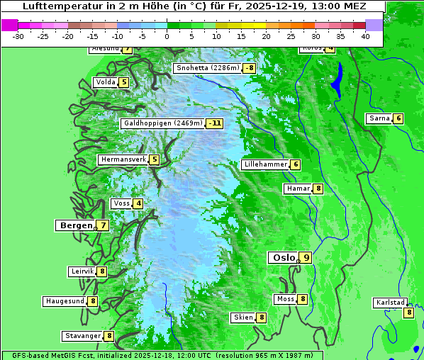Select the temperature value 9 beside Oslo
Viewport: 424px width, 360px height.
306,258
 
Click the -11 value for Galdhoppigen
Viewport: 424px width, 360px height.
215,123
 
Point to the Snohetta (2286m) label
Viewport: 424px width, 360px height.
207,69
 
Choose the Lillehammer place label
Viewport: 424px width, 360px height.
265,164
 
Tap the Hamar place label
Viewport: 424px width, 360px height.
297,189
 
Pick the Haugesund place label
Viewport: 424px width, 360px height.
65,301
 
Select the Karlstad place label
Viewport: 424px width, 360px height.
390,303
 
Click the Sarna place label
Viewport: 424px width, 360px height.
379,118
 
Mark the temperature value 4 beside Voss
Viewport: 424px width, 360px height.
138,204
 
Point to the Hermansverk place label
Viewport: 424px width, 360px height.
123,160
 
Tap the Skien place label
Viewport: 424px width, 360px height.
243,317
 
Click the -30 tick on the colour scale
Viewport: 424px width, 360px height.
18,35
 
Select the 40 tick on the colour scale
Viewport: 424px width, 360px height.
365,35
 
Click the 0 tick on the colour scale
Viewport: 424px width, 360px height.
167,35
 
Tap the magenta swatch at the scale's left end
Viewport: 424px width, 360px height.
9,25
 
